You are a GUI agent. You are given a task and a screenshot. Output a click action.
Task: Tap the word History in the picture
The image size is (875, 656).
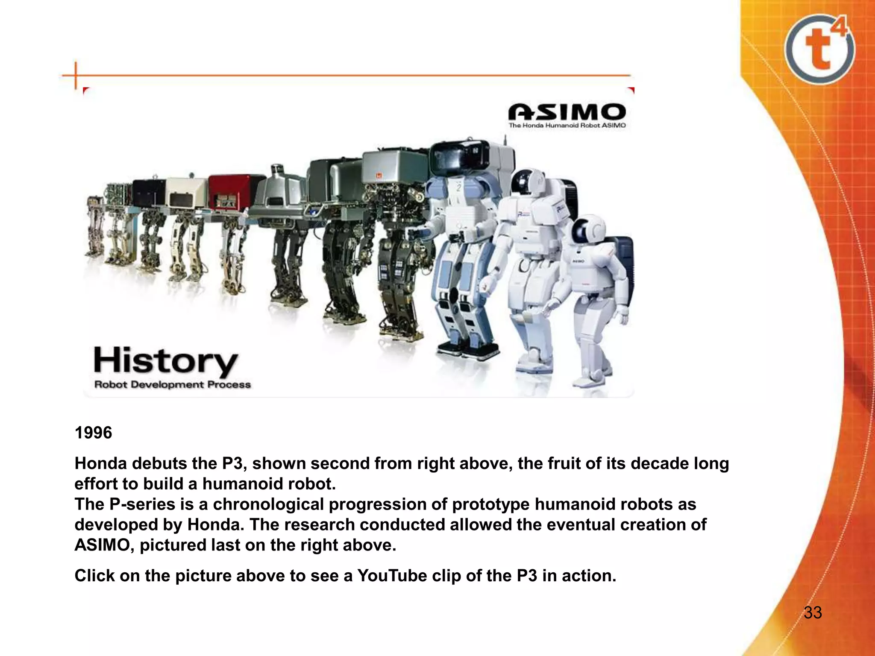[x=165, y=361]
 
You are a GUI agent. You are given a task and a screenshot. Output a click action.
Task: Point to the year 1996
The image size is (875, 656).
[x=93, y=433]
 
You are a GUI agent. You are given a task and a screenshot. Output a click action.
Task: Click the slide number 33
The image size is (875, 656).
[x=813, y=612]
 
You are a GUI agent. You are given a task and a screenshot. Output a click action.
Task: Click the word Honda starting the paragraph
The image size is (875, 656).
[x=101, y=463]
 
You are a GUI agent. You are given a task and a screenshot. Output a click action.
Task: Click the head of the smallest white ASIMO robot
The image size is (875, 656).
[x=588, y=230]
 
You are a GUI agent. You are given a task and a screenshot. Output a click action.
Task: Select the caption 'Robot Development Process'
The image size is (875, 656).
[x=172, y=384]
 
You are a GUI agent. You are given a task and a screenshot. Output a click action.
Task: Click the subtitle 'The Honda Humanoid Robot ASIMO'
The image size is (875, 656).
[x=567, y=126]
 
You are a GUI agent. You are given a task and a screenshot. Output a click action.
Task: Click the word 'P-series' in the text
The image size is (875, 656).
[x=142, y=504]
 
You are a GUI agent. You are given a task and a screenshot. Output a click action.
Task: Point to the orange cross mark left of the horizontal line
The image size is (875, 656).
[x=76, y=76]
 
